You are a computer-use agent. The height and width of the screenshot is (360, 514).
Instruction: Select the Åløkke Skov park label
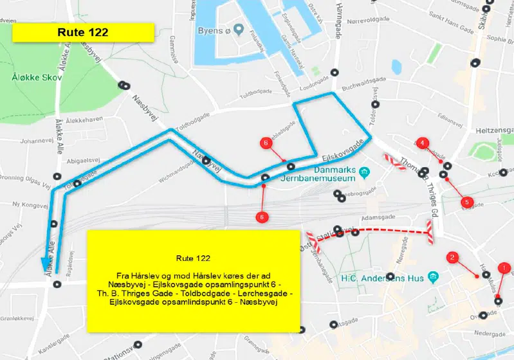[36, 77]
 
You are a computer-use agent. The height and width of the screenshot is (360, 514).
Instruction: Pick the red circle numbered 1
[504, 267]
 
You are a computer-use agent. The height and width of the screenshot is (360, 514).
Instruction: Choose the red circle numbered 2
[452, 258]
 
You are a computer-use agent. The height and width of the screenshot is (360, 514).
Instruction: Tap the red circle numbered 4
[422, 143]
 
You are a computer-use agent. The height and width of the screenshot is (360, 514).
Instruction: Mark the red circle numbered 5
[468, 202]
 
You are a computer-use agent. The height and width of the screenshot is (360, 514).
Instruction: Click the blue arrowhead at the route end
[47, 265]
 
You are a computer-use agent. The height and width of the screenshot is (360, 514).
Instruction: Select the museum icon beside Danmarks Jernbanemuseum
[365, 172]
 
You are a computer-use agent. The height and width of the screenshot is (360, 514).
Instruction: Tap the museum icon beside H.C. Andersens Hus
[434, 277]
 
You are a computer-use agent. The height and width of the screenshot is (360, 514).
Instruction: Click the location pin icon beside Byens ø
[239, 29]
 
